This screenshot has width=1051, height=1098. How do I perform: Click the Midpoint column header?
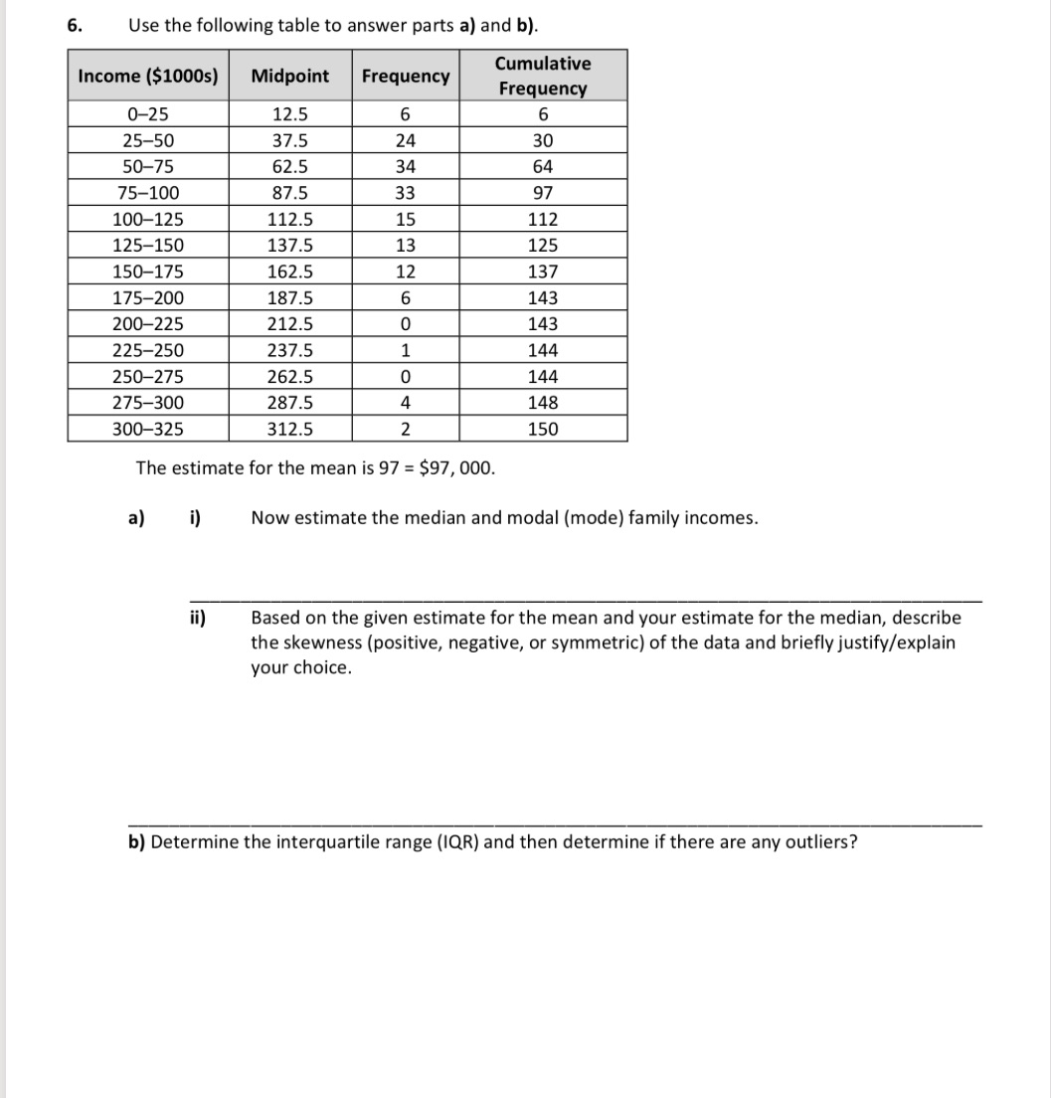pos(290,76)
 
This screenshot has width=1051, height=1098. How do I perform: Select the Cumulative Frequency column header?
pos(542,76)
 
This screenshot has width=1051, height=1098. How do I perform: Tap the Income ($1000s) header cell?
pos(148,76)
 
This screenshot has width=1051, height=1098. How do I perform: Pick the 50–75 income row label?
pos(148,167)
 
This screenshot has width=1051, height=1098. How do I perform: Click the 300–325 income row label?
pos(148,429)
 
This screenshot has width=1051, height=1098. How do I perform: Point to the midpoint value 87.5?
pos(290,193)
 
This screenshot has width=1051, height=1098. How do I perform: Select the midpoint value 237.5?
pos(290,350)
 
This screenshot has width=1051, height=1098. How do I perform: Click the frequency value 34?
pos(405,167)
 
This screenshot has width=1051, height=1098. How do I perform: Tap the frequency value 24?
pos(405,141)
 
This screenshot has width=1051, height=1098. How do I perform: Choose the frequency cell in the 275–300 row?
pos(405,403)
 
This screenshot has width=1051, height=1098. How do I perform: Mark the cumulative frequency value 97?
pos(543,193)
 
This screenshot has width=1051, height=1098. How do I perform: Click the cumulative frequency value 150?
pos(543,429)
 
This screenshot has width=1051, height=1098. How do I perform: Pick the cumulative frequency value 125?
pos(543,246)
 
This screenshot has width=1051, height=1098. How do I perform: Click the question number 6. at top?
pos(76,26)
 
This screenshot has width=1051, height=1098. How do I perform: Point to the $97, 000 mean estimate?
pos(457,467)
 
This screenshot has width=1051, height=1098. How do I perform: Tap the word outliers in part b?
pos(817,842)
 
